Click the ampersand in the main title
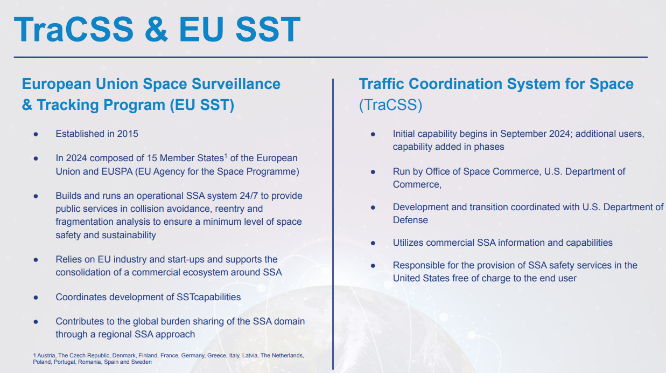[156, 29]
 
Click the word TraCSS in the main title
[74, 29]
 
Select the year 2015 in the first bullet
[128, 134]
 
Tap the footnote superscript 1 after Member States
[226, 155]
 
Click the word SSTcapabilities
[209, 297]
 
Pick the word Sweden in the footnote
[141, 362]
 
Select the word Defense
[410, 220]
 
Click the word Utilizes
[408, 243]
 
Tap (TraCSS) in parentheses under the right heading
[391, 105]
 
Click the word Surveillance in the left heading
[236, 84]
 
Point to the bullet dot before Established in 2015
[36, 134]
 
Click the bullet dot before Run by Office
[373, 172]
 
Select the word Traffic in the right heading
[382, 84]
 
